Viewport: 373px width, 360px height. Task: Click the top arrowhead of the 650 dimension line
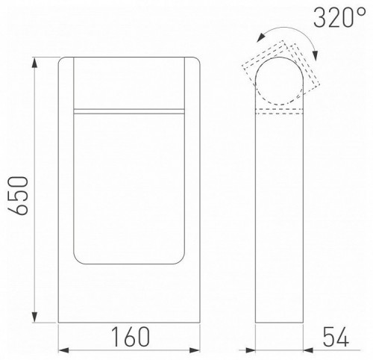click(35, 60)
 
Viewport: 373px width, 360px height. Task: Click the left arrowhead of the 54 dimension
click(258, 349)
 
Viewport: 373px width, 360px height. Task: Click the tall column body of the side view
click(278, 224)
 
